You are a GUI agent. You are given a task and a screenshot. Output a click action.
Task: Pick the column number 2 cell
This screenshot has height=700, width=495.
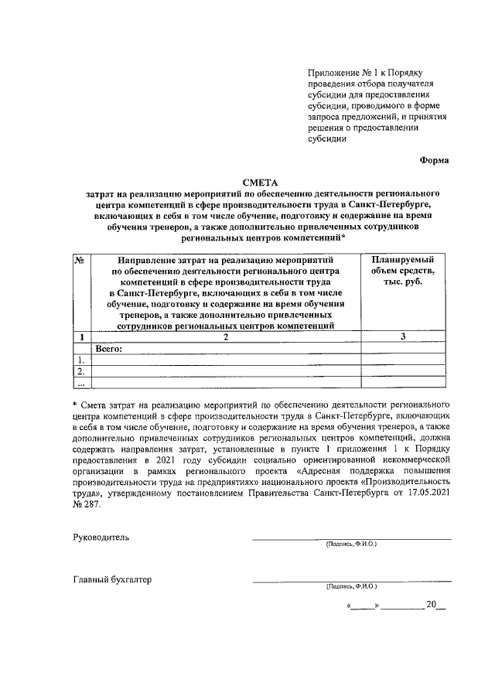pos(226,336)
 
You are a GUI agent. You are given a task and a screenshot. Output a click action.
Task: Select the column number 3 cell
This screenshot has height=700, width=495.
pos(403,336)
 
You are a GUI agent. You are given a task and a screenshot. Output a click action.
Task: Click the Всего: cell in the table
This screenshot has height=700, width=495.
pos(109,348)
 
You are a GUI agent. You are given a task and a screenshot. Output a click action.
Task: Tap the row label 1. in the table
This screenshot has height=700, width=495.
pos(80,360)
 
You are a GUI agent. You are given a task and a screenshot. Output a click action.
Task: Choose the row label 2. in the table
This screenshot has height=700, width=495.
pos(80,370)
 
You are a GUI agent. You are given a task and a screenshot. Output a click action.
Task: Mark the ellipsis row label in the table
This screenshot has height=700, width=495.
pos(80,382)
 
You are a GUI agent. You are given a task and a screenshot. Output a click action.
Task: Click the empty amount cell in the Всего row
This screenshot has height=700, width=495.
pos(403,348)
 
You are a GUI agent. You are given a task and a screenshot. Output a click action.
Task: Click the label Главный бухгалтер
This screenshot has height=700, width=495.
pos(113,579)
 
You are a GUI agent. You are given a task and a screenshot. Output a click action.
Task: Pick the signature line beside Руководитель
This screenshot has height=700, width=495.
pos(351,538)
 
